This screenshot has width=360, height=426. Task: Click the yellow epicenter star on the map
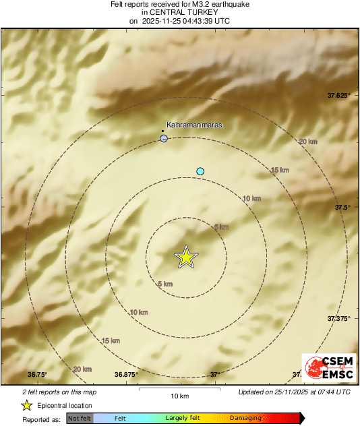coord(187,257)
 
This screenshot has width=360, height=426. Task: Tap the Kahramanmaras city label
coord(194,125)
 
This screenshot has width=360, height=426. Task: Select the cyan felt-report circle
coord(200,171)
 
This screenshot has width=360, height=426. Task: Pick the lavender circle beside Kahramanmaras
coord(164,138)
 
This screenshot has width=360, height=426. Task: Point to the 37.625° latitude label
coord(338,96)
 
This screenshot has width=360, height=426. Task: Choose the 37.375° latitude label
coord(338,318)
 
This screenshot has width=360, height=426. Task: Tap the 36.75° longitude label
coord(38,374)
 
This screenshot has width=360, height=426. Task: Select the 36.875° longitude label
coord(126,374)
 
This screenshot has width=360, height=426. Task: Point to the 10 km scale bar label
coord(179,395)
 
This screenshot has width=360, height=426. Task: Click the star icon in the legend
coord(27,406)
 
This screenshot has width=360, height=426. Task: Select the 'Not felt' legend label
coord(80,419)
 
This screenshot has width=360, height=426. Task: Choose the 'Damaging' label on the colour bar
coord(245,419)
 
